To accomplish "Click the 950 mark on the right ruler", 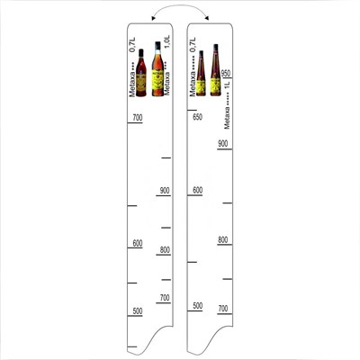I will click(227, 74).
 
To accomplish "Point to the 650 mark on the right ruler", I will click(197, 116).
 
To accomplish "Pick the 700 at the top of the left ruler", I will click(138, 118).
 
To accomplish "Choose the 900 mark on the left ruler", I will click(164, 191).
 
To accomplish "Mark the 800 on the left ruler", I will click(164, 250).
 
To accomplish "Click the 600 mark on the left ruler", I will click(137, 244).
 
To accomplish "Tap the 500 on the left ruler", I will click(137, 311).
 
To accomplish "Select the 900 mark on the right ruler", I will click(223, 144).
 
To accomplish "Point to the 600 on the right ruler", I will click(197, 191).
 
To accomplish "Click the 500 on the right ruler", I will click(197, 306).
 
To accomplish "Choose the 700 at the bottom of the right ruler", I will click(223, 309).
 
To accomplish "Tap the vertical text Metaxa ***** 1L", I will click(228, 104).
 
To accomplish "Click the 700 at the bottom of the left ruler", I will click(164, 298).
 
